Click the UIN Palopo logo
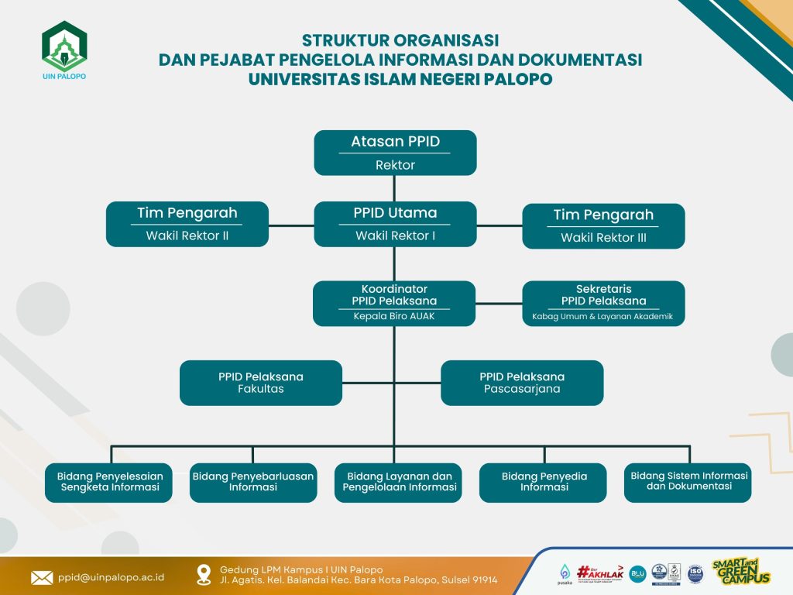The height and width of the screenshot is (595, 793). click(64, 50)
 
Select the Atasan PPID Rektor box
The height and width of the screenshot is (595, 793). click(395, 153)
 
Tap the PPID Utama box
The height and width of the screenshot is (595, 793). click(395, 224)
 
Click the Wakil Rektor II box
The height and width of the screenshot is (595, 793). click(187, 224)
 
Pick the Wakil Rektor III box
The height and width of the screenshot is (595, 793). click(603, 226)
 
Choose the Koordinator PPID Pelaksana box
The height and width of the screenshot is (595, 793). click(395, 303)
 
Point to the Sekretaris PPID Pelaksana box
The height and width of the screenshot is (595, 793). click(603, 303)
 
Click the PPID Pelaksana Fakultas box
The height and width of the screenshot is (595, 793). click(261, 383)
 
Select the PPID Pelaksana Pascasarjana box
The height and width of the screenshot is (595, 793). click(522, 383)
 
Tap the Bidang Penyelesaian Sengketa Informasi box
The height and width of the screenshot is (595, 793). click(110, 482)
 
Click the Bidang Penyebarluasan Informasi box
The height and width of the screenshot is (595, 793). click(253, 482)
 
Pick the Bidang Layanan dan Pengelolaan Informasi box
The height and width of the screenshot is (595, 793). click(399, 482)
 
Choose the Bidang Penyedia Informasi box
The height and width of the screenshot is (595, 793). click(544, 482)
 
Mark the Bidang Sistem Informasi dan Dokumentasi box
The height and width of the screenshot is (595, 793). click(688, 482)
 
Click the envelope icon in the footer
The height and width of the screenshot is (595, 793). click(41, 577)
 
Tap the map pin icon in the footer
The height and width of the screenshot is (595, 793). click(204, 574)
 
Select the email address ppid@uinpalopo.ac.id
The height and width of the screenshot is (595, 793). click(112, 577)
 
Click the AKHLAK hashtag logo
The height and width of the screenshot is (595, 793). click(600, 571)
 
